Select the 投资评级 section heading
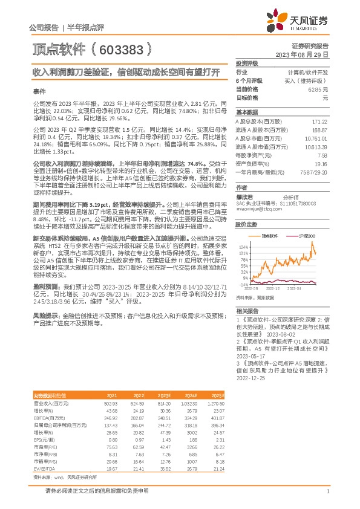(x=247, y=63)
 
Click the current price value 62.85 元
(x=317, y=89)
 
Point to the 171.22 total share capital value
(x=319, y=122)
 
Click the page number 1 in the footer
(x=327, y=491)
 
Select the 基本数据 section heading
(x=247, y=112)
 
